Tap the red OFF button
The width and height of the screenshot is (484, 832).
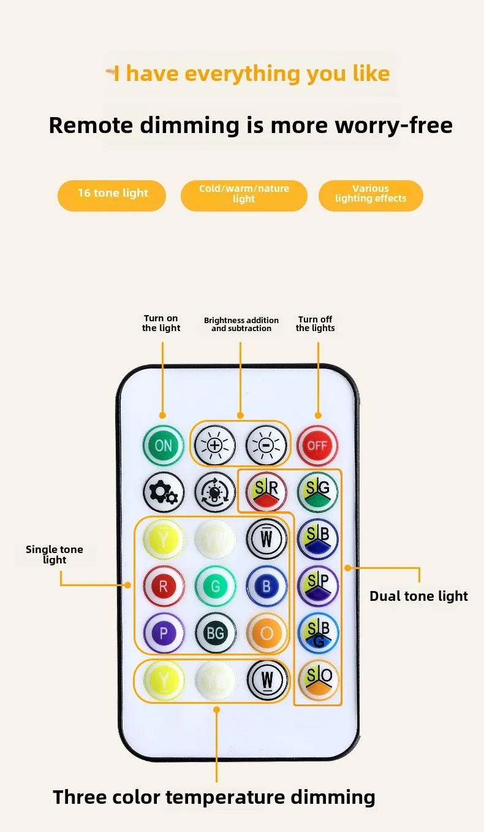click(317, 446)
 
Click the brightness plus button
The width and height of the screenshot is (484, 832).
click(214, 446)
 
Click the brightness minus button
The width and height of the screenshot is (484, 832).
click(266, 446)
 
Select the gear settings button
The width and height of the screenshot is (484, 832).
click(164, 492)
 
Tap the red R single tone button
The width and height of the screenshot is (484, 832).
click(164, 586)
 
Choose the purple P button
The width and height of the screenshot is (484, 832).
click(164, 633)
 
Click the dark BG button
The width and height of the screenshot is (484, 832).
click(215, 633)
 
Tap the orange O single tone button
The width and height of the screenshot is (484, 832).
click(267, 633)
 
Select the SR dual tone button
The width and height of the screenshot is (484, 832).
click(267, 492)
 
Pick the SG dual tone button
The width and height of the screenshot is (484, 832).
click(318, 492)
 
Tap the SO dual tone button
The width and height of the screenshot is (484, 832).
click(318, 680)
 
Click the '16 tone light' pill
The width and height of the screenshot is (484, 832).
click(112, 194)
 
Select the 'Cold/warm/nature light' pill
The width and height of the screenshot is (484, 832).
click(244, 194)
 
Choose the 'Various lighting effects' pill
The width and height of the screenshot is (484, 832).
click(371, 194)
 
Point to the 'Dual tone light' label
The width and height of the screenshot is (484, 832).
click(418, 596)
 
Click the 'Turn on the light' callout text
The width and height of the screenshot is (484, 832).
click(161, 323)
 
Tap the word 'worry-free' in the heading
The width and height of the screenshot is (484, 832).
click(394, 125)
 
